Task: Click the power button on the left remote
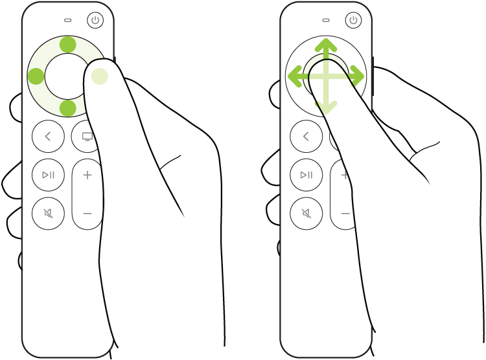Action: click(95, 20)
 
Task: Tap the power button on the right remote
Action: click(353, 20)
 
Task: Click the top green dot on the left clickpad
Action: click(68, 45)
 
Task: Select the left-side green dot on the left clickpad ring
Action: click(36, 76)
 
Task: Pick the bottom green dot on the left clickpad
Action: click(68, 107)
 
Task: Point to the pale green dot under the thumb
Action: click(99, 76)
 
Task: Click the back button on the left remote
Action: click(49, 136)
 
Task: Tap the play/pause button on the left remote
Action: click(49, 175)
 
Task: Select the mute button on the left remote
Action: click(49, 213)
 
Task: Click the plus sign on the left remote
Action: click(87, 175)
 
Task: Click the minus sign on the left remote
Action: click(87, 213)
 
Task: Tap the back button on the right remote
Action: click(306, 136)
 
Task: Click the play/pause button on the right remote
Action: click(306, 175)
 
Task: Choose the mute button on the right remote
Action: click(306, 213)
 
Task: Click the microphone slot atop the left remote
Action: click(68, 19)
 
